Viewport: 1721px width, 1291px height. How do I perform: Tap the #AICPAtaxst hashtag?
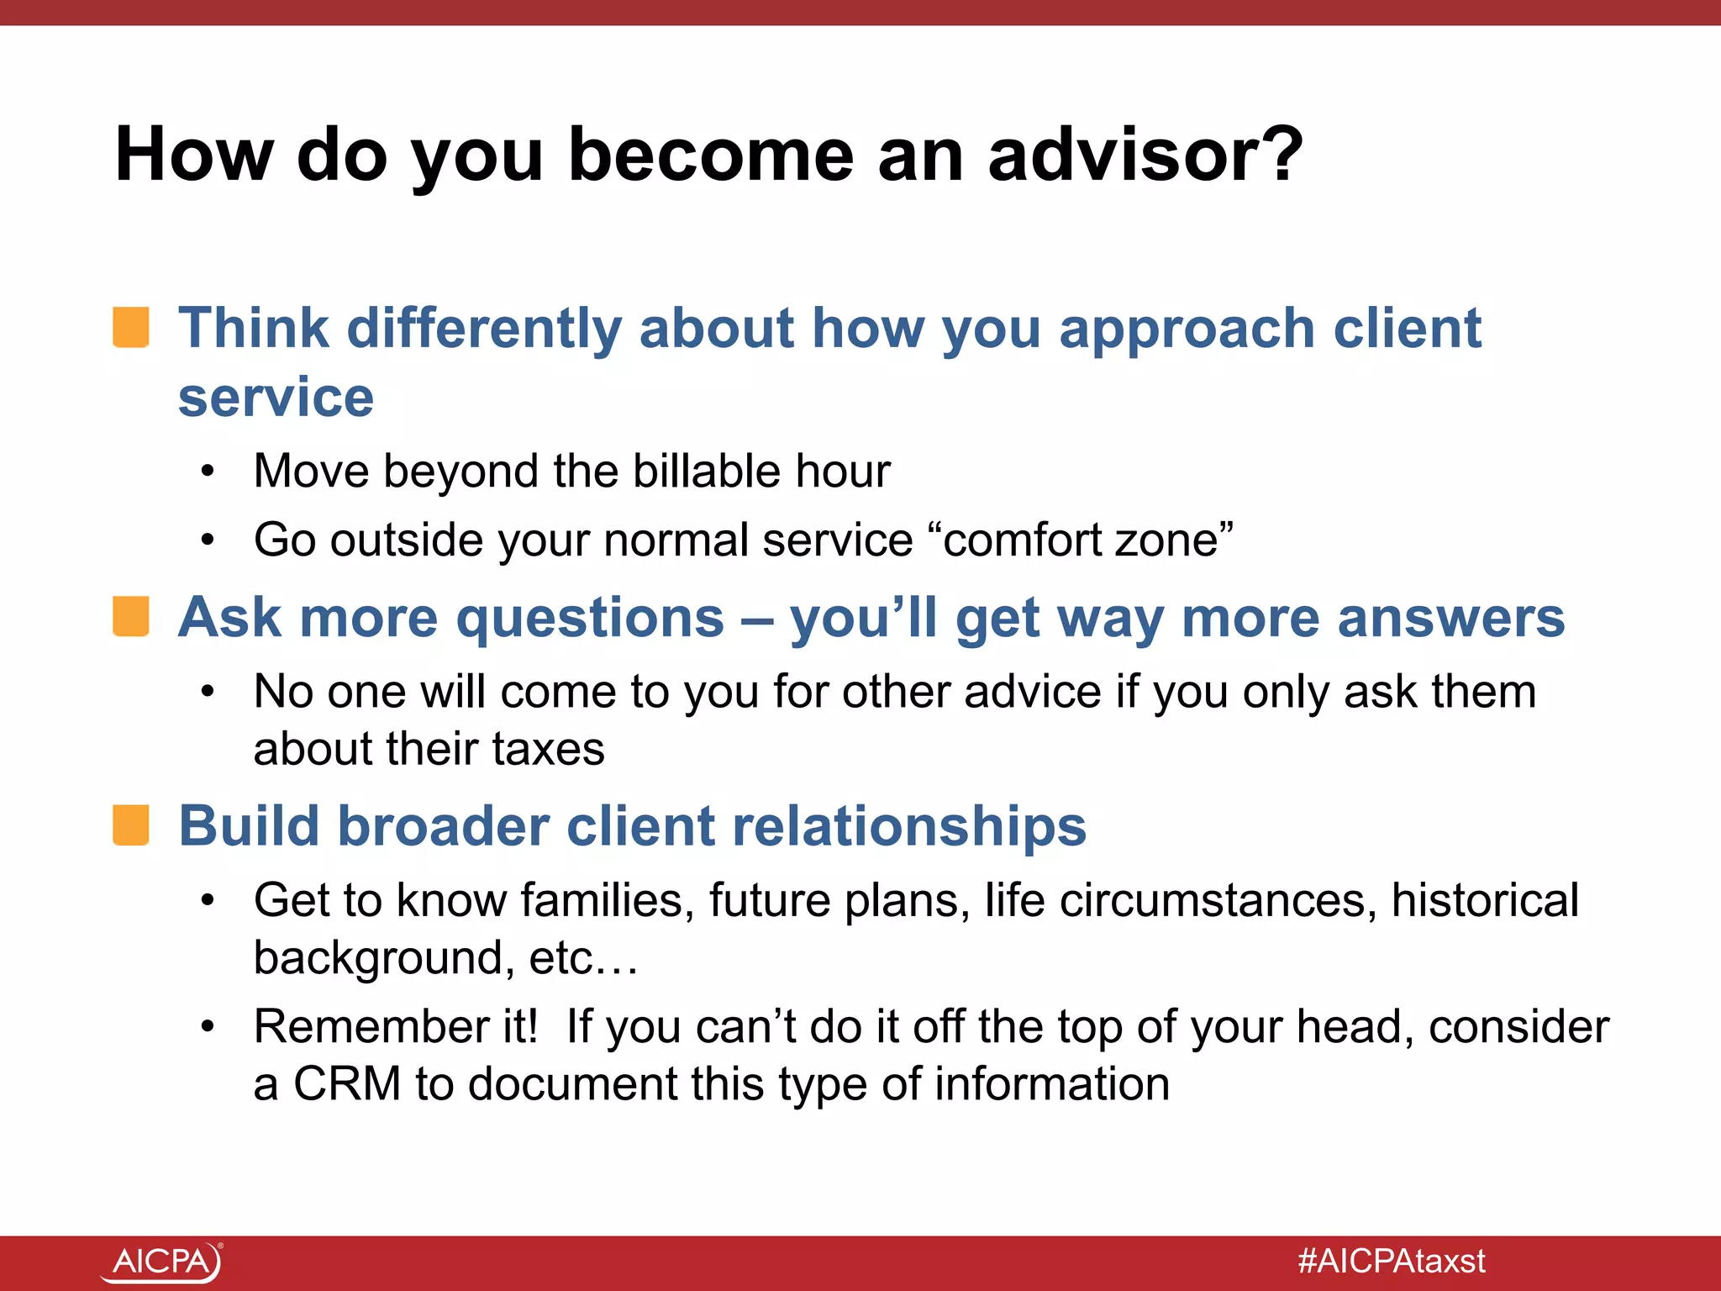[x=1391, y=1262]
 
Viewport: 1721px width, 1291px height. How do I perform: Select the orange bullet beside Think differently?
[x=132, y=327]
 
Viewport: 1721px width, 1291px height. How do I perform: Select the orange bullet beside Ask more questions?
[x=132, y=617]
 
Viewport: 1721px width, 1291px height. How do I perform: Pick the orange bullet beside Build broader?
[x=132, y=825]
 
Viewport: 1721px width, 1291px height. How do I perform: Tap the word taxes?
[x=548, y=749]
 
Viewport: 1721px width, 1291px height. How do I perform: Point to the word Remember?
[x=396, y=1026]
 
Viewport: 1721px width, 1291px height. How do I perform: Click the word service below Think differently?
[x=276, y=398]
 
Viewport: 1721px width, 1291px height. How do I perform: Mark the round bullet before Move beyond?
[x=208, y=471]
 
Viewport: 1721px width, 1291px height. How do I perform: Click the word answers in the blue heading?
[x=1451, y=619]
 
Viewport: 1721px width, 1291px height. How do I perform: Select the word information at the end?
[x=1052, y=1083]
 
